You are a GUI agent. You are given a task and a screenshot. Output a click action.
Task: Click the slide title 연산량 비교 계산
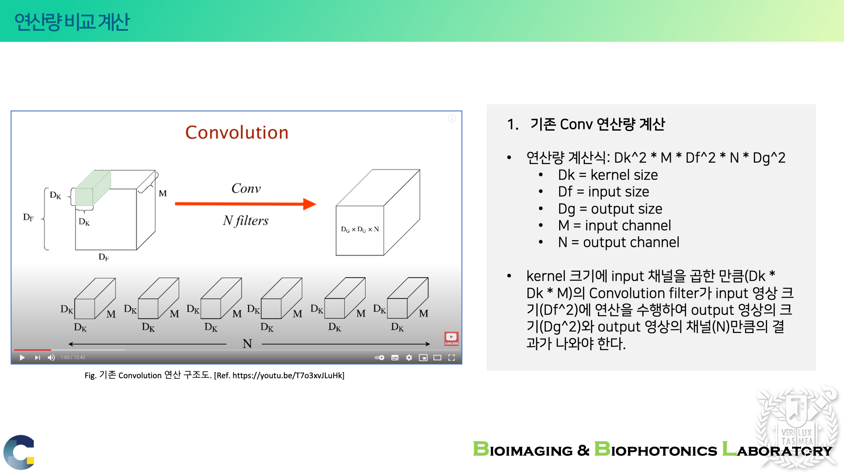click(x=72, y=22)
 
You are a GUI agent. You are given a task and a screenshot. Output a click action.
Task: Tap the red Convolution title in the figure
click(x=237, y=132)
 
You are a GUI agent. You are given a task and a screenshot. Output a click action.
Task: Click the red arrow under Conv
click(x=245, y=204)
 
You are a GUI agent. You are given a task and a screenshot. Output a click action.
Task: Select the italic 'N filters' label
click(x=245, y=220)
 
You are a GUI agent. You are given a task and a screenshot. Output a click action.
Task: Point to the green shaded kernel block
click(x=93, y=188)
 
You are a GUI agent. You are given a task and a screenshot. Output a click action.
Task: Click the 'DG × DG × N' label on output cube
click(x=360, y=230)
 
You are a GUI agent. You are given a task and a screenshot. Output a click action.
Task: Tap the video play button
click(x=22, y=358)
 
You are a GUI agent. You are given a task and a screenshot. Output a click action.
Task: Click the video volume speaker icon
click(x=51, y=358)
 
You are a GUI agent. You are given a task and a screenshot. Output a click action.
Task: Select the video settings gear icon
click(x=409, y=358)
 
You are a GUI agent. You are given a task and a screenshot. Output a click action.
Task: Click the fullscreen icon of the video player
click(x=451, y=358)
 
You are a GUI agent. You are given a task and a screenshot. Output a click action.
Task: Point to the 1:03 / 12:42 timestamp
click(x=73, y=358)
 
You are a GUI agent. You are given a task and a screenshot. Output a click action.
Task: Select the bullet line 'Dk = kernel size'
click(x=608, y=175)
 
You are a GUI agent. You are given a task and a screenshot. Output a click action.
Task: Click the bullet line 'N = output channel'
click(x=618, y=242)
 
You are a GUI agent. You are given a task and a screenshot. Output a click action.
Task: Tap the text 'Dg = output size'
click(x=610, y=209)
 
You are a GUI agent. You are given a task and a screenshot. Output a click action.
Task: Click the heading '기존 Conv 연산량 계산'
click(x=597, y=124)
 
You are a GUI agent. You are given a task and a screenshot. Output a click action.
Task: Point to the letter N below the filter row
click(x=247, y=344)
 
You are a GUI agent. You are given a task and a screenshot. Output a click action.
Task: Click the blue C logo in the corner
click(x=19, y=452)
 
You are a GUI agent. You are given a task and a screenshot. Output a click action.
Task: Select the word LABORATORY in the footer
click(x=777, y=449)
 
